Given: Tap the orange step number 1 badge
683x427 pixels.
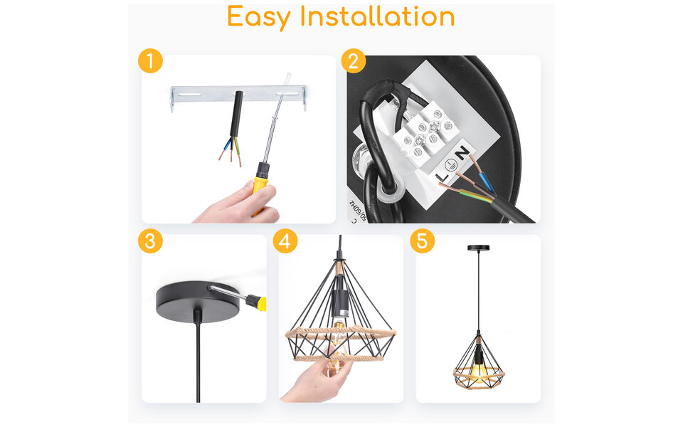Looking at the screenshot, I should coord(150,60).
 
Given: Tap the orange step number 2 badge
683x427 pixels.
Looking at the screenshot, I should coord(354,60).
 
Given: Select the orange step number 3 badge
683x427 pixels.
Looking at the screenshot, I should coord(150,241).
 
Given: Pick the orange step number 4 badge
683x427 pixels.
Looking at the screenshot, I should coord(285,241).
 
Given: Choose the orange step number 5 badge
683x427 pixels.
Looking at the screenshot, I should coord(422,241).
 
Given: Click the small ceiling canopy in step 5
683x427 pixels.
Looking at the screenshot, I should coord(478,248).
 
